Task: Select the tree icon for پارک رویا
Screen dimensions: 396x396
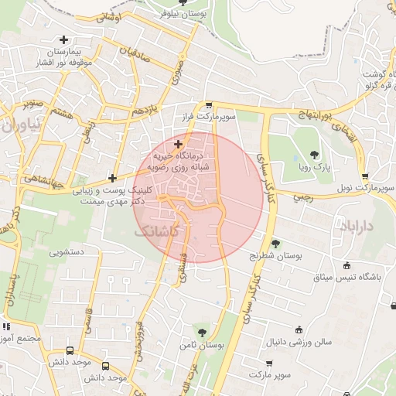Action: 313,155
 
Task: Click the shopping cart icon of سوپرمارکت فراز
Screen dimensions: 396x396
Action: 209,104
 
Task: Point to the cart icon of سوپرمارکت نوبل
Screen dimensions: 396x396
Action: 365,176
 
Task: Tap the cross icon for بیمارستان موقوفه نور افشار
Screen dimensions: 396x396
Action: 63,39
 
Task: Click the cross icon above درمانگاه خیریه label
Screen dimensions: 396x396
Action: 179,144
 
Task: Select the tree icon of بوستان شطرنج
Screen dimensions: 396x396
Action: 276,244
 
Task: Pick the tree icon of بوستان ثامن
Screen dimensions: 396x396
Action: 202,333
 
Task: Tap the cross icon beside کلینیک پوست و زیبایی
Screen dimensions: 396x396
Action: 113,178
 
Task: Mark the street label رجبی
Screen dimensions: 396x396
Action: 301,196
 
